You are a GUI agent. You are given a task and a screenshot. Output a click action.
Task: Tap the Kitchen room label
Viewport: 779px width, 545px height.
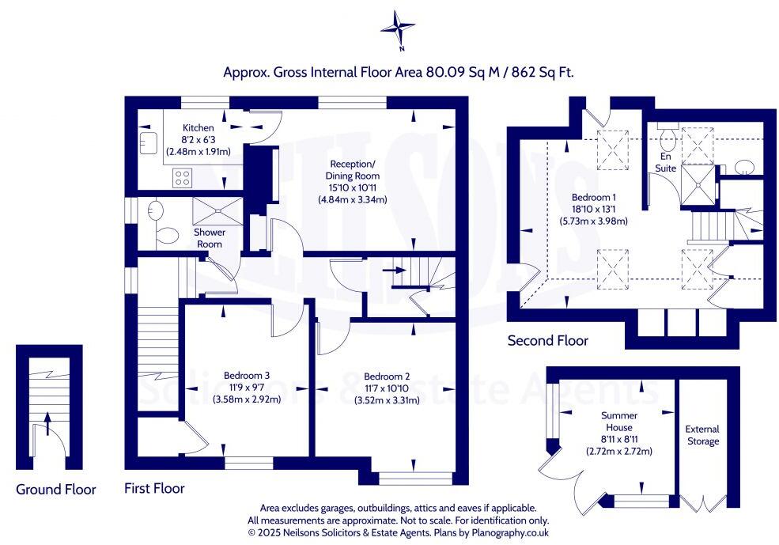pos(198,128)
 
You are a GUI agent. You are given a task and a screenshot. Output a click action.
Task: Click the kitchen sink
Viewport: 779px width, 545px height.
pos(146,142)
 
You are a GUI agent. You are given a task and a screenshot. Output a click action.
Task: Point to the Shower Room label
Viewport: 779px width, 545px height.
pos(210,238)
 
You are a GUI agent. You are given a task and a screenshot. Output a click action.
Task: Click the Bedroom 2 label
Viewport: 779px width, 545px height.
pos(386,377)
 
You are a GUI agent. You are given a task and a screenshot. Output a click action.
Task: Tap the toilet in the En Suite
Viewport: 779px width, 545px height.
pos(666,140)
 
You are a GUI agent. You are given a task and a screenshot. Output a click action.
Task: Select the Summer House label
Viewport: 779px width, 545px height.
pos(618,421)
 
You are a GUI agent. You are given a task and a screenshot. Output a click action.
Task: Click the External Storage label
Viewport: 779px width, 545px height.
pos(702,435)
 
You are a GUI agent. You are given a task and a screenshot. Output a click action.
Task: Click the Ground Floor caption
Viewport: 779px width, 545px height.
pos(56,490)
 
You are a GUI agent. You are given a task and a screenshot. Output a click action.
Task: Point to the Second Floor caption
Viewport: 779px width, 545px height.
pos(548,341)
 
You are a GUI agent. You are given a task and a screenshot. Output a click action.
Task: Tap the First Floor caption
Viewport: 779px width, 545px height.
pos(154,489)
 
